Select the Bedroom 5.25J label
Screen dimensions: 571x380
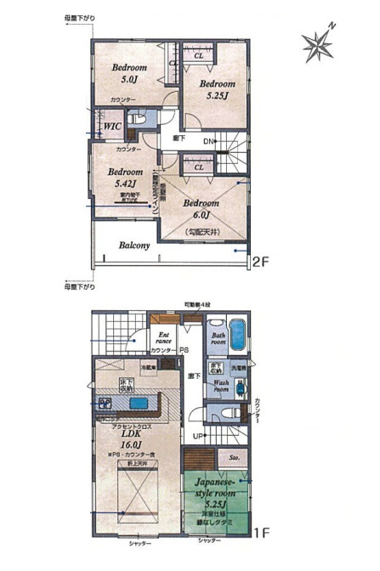pos(218,91)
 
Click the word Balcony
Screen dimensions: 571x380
pos(134,246)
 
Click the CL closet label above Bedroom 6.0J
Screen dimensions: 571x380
pos(198,168)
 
